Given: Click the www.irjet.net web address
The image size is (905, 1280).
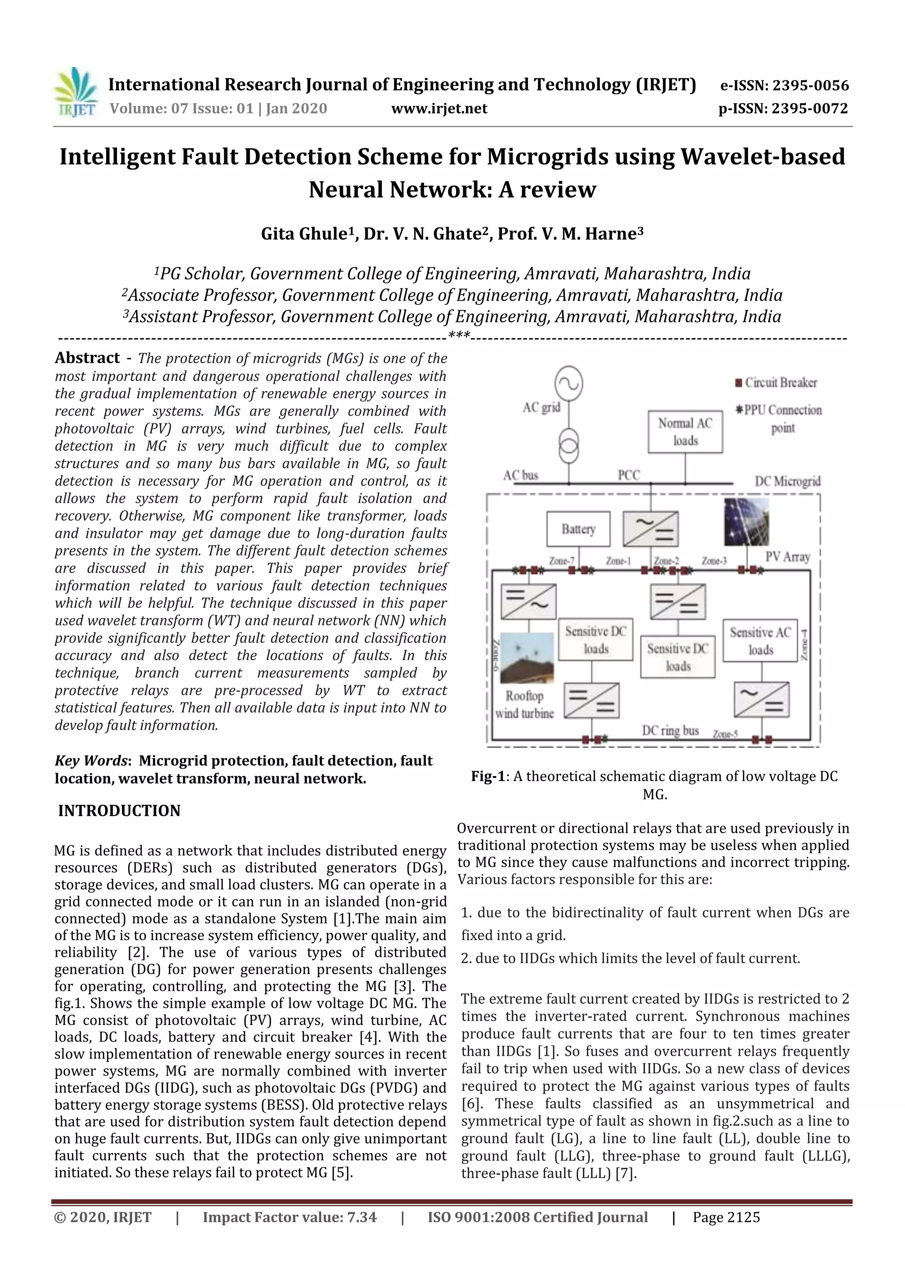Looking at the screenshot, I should pos(439,108).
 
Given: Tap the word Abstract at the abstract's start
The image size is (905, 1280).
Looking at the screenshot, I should pos(87,358).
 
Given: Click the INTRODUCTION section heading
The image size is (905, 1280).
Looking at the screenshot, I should pos(119,811).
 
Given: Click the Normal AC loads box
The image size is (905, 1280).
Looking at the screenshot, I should pos(685,431).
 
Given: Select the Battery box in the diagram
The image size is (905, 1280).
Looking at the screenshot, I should pos(578,529).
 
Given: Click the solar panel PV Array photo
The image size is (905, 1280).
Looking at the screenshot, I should pos(746,522).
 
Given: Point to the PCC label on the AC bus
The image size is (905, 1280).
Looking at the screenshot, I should pos(629,475).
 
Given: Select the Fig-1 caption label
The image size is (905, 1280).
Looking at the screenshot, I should pos(487,776).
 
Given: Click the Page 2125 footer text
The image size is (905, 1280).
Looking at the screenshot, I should pos(726,1218).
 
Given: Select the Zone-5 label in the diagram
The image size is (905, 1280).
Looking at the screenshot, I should pos(726,734).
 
